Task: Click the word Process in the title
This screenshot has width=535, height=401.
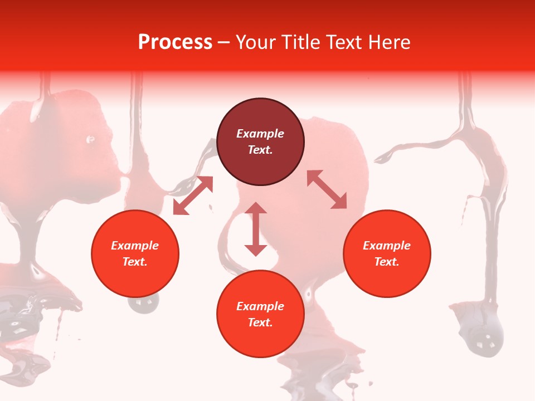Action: (x=175, y=42)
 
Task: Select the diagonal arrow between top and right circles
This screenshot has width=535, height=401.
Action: (x=327, y=189)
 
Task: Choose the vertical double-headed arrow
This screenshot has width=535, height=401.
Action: (x=256, y=229)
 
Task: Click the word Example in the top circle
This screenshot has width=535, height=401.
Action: (x=260, y=134)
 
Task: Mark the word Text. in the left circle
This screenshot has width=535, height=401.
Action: (x=135, y=262)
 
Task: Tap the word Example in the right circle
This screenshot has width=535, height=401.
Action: (x=387, y=246)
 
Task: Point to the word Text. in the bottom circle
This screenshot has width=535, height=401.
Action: (x=260, y=322)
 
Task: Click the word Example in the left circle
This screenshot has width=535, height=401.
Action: (x=135, y=246)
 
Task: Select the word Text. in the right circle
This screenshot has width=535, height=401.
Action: (x=387, y=262)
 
